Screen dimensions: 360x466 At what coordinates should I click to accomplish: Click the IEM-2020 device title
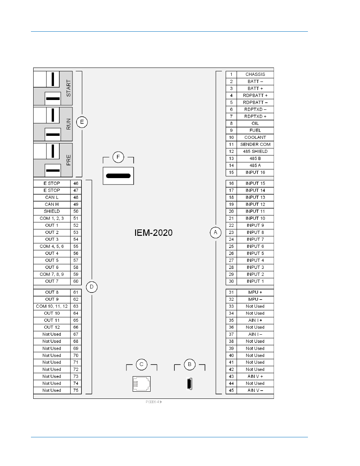153,233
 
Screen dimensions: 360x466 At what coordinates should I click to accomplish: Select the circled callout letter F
118,157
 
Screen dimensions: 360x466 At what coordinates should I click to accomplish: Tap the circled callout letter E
82,122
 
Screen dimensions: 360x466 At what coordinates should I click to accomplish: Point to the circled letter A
215,232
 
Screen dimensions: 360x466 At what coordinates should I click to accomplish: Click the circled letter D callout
92,287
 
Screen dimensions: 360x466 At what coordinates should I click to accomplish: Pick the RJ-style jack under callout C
142,384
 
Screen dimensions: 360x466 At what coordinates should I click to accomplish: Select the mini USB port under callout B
189,384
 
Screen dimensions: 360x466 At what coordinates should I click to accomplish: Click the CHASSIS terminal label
255,74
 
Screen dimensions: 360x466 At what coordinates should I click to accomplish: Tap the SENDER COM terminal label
255,145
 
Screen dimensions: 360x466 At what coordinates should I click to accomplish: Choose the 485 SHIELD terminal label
255,151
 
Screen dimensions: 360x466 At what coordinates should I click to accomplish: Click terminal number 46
76,183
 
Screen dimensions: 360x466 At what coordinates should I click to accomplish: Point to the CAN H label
52,205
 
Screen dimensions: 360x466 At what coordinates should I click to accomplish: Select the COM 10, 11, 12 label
52,306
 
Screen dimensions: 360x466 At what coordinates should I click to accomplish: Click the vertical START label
68,88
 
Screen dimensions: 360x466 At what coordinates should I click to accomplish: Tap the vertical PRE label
68,160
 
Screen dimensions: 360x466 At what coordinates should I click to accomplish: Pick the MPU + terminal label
255,292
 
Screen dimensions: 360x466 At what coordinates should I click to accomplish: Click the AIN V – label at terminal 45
255,390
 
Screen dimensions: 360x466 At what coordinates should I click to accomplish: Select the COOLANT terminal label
255,137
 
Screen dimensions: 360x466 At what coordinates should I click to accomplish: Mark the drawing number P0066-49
154,402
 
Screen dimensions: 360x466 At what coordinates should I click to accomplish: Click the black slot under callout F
118,176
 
